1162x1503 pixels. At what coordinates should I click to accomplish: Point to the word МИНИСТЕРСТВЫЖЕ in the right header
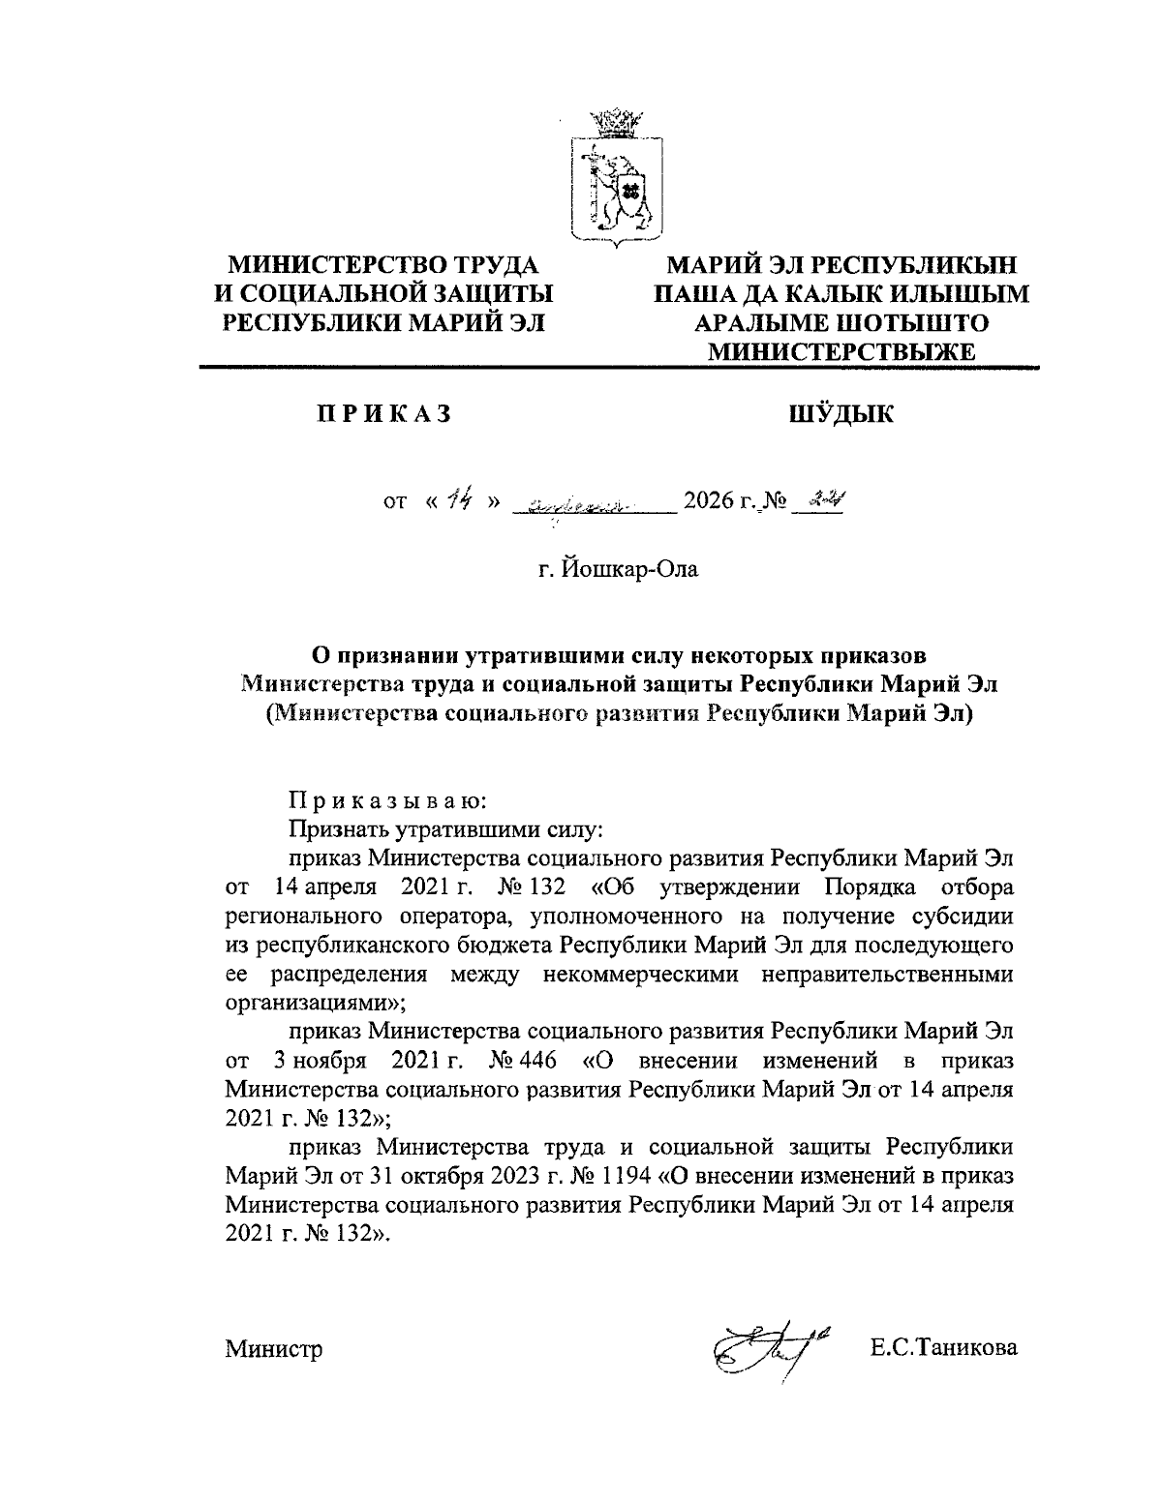point(841,352)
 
